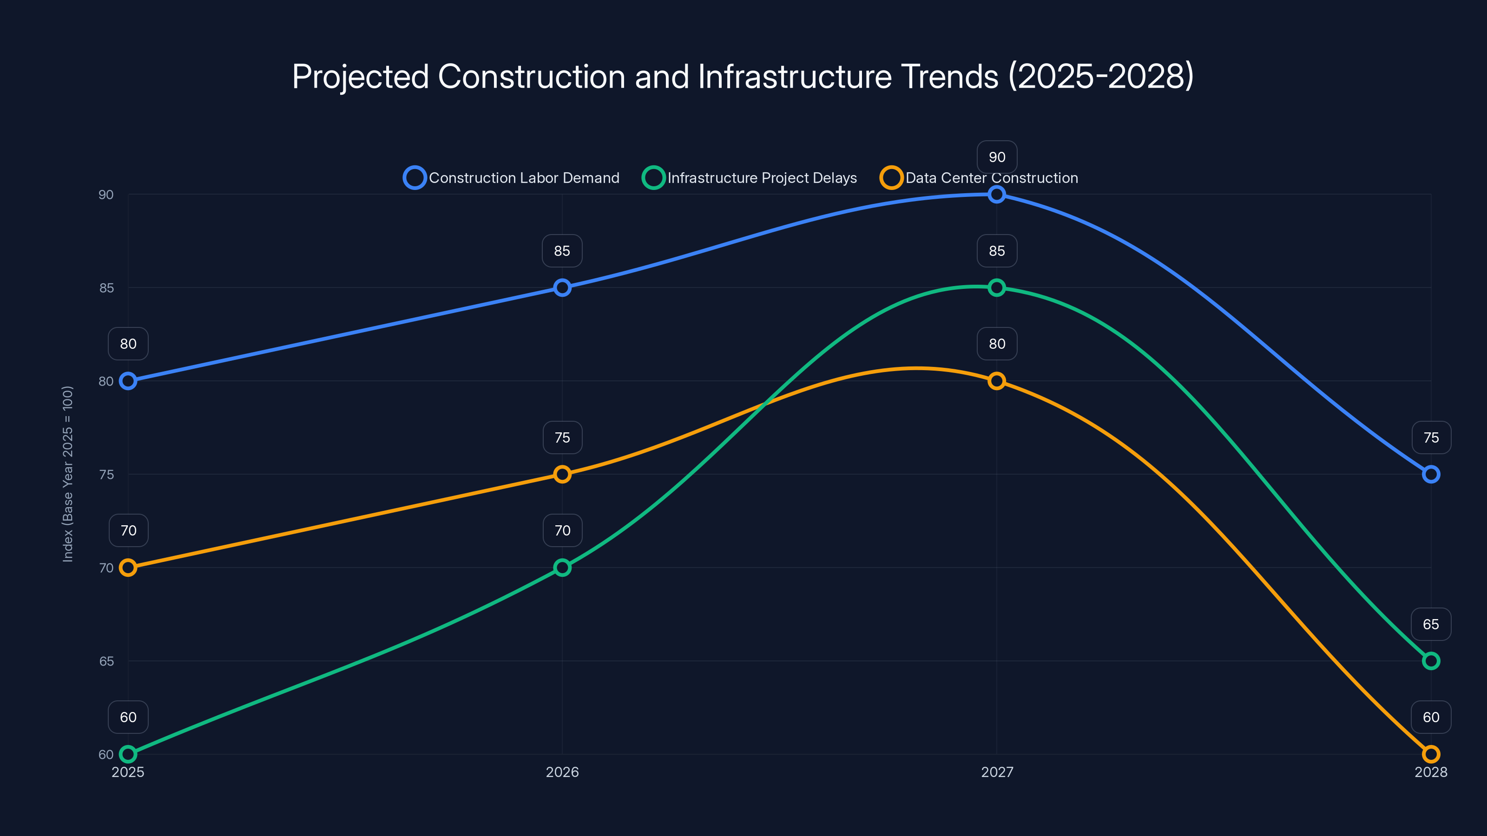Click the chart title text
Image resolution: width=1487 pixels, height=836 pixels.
[x=743, y=76]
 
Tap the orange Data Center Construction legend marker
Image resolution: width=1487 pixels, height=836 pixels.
[x=891, y=178]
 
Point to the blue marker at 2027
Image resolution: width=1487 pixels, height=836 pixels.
[x=996, y=195]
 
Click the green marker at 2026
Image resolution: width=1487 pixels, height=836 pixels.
[x=562, y=568]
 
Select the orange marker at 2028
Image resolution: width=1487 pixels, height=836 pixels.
[x=1430, y=754]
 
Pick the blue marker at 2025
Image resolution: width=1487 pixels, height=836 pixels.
[x=128, y=381]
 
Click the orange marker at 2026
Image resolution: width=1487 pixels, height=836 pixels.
[x=562, y=474]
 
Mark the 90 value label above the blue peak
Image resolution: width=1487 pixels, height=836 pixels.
[x=997, y=157]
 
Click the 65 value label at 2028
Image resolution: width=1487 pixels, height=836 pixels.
[x=1430, y=624]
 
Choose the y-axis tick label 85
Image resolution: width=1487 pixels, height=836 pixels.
[x=106, y=288]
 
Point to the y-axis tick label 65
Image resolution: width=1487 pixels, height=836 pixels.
[x=106, y=661]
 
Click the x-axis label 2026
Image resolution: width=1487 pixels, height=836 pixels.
[x=562, y=772]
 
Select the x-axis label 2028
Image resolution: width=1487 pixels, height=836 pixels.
[x=1430, y=772]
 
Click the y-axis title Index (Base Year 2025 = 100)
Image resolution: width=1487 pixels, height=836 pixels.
[x=67, y=474]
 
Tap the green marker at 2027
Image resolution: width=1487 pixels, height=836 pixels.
[x=996, y=287]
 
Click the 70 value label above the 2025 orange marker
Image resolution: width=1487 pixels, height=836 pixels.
[x=128, y=530]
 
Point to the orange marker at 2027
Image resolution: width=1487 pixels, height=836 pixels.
[x=996, y=381]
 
